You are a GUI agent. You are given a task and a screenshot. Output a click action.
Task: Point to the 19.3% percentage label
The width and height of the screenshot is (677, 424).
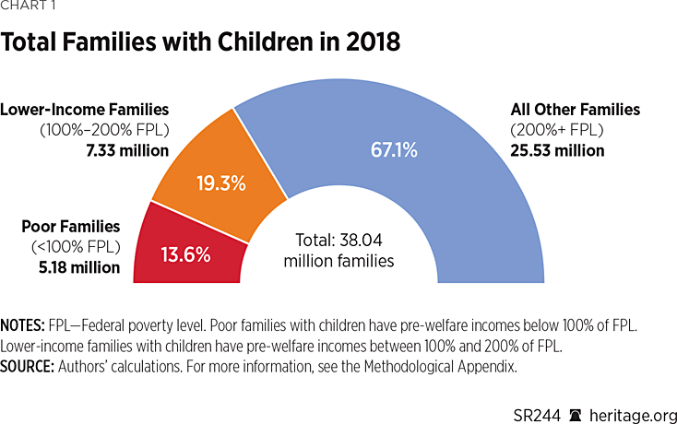[x=221, y=183]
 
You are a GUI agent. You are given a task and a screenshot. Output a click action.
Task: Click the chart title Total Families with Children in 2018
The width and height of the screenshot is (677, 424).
[x=200, y=42]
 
